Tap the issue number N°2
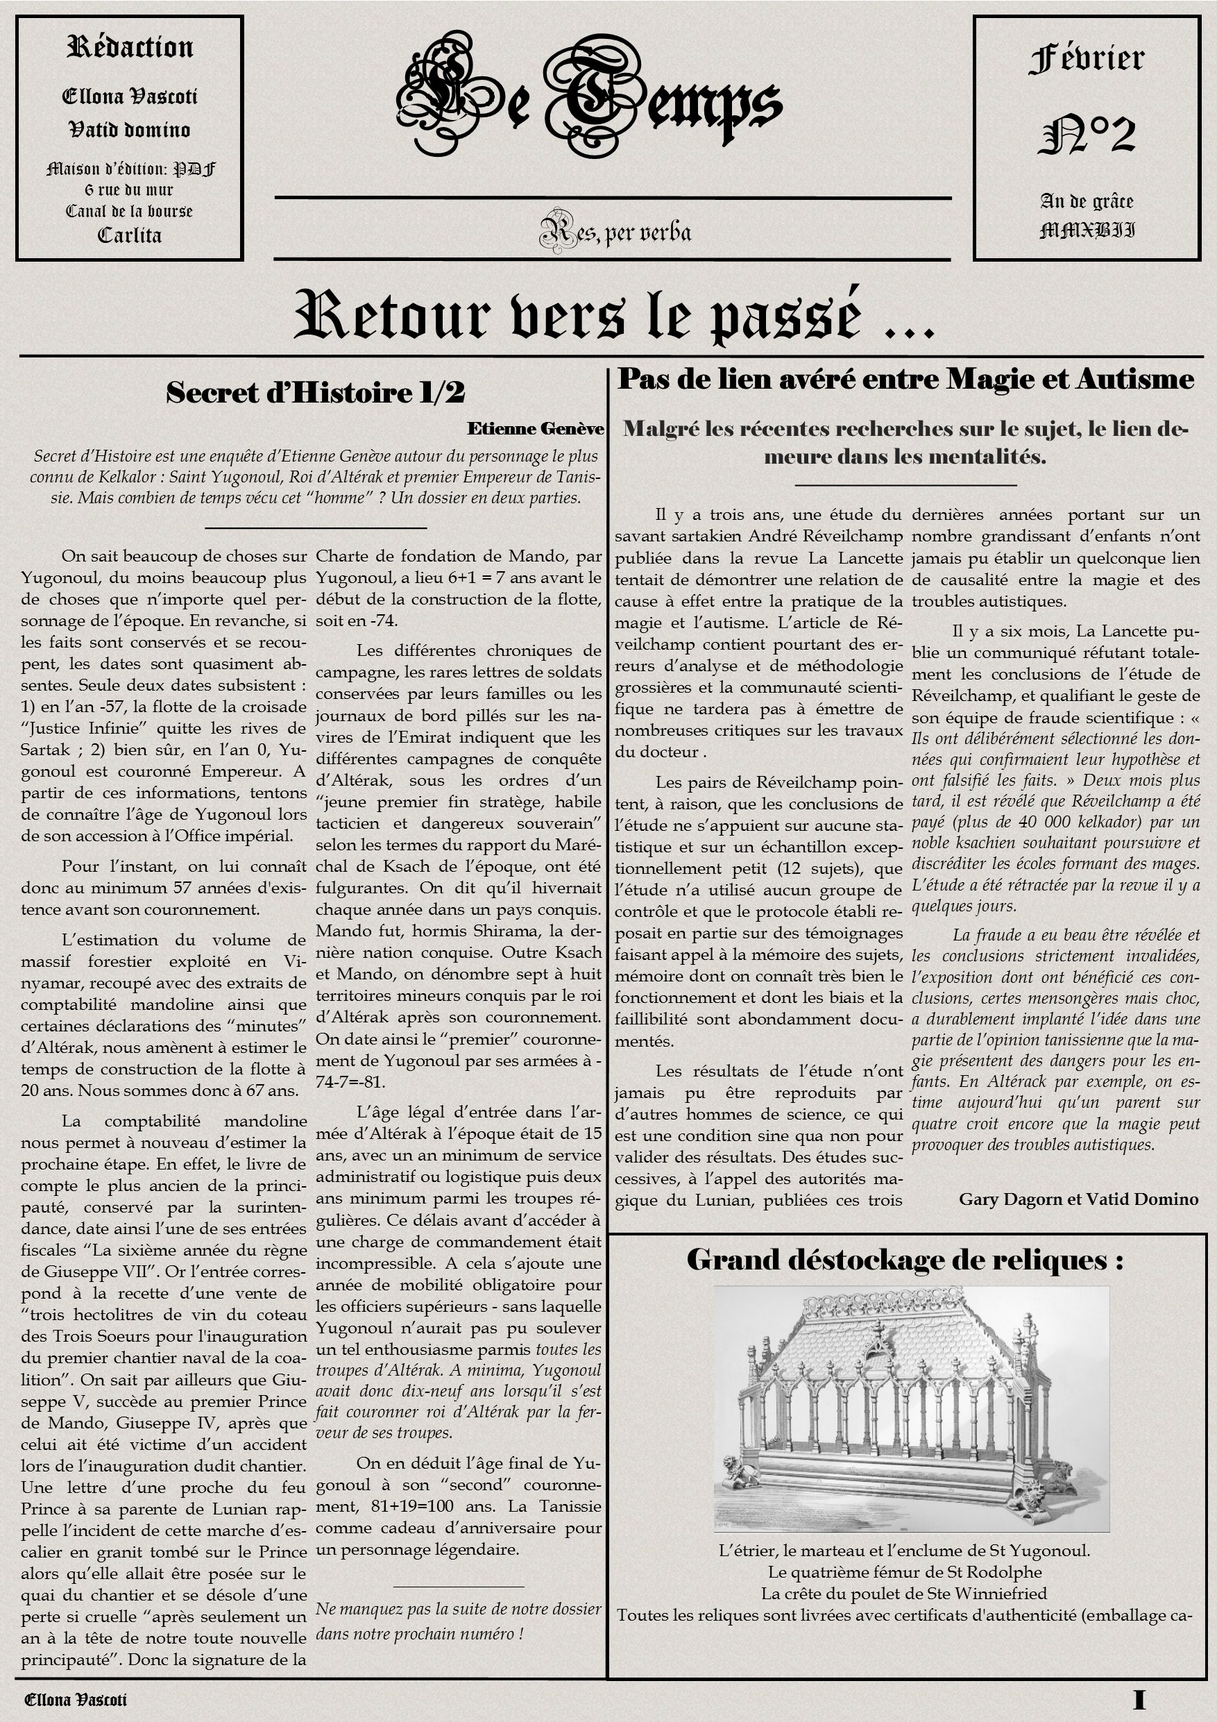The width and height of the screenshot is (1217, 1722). [1087, 135]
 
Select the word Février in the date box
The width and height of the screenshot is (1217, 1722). [1087, 59]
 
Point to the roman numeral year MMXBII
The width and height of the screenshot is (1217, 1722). [1087, 230]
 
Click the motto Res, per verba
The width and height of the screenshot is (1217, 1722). [615, 232]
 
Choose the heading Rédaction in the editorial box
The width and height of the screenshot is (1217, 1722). [130, 48]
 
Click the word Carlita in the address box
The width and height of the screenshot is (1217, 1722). [130, 235]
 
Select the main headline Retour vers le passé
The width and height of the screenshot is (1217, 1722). [613, 315]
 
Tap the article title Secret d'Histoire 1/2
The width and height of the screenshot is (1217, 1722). [315, 392]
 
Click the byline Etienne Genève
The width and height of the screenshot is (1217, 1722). [535, 428]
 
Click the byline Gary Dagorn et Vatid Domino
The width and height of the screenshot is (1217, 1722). [1078, 1199]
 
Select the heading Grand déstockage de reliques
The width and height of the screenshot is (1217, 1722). [904, 1259]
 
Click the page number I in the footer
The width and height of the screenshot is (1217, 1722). [1140, 1699]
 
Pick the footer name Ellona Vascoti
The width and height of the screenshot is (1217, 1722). [76, 1700]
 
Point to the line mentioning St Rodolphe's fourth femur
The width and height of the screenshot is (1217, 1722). [904, 1571]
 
